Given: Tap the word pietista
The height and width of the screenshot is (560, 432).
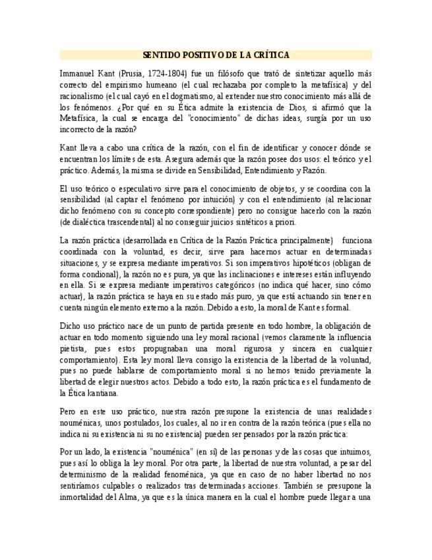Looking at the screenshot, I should pos(73,348).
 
